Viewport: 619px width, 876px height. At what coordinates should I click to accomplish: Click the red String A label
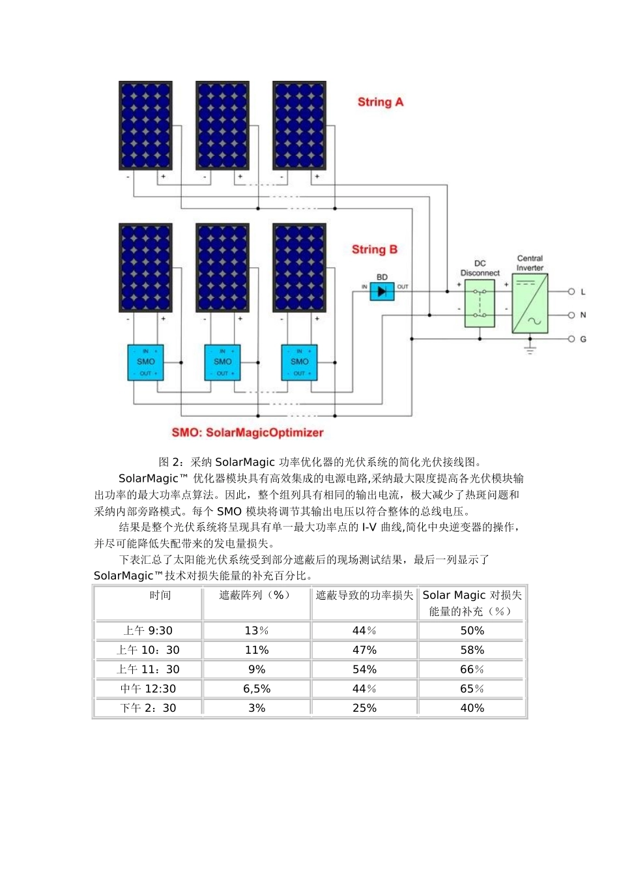tap(381, 102)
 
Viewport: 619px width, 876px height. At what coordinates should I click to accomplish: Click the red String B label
tap(374, 250)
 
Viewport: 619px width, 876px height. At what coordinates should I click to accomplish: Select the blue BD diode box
tap(382, 291)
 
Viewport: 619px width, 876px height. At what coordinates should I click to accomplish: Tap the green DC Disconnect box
tap(480, 304)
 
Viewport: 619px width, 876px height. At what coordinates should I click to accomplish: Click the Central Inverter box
tap(530, 304)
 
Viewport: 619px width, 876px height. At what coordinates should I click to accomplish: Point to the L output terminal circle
tap(571, 292)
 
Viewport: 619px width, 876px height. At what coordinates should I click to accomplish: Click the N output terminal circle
tap(571, 315)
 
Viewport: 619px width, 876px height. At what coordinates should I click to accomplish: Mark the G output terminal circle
tap(571, 339)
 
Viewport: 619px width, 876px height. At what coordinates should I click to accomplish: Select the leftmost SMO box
tap(145, 362)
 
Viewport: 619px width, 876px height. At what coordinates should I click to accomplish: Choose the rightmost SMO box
tap(299, 362)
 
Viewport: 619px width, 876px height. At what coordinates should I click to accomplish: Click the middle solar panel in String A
tap(222, 126)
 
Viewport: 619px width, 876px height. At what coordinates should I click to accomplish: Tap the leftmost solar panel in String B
tap(145, 268)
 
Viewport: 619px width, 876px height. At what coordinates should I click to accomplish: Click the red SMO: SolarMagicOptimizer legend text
tap(248, 433)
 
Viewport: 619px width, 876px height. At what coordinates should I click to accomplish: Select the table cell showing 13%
tap(257, 631)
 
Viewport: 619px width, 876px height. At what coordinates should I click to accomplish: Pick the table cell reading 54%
tap(364, 669)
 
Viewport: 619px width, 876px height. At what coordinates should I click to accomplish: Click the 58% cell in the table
tap(472, 650)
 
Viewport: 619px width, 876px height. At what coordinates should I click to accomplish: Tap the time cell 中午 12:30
tap(148, 689)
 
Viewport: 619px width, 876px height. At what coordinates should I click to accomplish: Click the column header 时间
tap(160, 595)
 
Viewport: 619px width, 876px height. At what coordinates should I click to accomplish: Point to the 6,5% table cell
tap(257, 689)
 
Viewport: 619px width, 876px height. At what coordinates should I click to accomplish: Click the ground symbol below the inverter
tap(530, 349)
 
